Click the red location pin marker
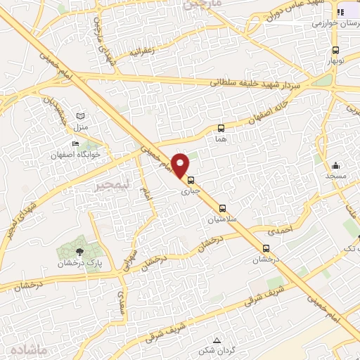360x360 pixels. point(181,165)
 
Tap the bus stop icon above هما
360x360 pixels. point(221,129)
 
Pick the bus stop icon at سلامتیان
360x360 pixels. point(223,208)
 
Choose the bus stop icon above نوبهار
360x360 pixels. point(336,50)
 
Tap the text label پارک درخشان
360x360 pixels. point(79,263)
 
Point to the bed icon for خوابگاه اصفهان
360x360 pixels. point(75,143)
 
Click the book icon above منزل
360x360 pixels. point(80,115)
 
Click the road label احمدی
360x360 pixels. point(279,228)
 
